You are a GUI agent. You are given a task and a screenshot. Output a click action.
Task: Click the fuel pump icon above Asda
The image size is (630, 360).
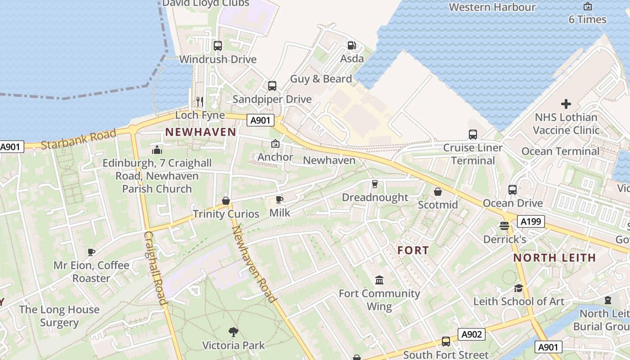[x=351, y=45]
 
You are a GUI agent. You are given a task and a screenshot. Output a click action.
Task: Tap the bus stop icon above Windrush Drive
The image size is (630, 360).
[x=217, y=45]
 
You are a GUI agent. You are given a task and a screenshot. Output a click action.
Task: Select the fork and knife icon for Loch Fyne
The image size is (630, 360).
[x=200, y=101]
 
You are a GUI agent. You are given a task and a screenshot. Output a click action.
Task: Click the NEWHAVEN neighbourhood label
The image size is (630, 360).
[x=201, y=132]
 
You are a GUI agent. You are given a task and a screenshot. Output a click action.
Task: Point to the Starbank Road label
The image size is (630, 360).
[x=79, y=139]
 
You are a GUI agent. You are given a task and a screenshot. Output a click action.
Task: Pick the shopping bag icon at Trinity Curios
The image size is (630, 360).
[x=226, y=201]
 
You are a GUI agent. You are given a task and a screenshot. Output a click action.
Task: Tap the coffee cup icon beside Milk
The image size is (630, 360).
[x=279, y=199]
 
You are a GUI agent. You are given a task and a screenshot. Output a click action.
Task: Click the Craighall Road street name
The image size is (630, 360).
[x=155, y=268]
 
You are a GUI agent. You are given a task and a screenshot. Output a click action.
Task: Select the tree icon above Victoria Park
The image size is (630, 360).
[x=233, y=332]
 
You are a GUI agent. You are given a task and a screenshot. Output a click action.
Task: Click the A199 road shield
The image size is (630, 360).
[x=531, y=221]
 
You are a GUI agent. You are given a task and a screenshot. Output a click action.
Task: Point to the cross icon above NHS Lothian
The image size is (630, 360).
[x=566, y=104]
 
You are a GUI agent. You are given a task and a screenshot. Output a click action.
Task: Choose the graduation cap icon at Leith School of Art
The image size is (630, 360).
[x=518, y=288]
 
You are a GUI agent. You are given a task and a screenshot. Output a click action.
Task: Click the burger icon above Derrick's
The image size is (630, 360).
[x=504, y=226]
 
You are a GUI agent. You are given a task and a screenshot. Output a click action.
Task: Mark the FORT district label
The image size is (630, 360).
[x=413, y=251]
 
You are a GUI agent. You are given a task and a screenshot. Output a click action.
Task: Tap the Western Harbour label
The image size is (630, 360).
[x=492, y=7]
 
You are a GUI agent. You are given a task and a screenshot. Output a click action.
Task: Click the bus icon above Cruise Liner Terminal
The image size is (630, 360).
[x=472, y=134]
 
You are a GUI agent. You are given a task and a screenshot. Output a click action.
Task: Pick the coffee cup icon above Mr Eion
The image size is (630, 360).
[x=91, y=252]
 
